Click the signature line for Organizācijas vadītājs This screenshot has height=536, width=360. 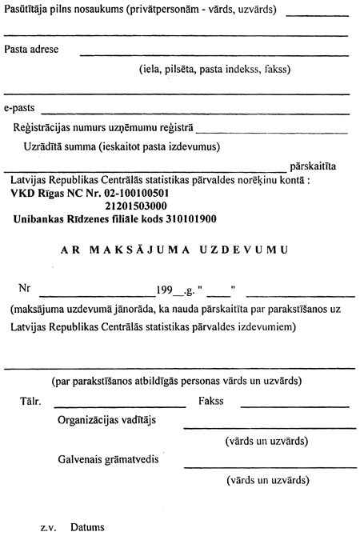click(266, 429)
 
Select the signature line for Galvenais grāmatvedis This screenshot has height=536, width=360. click(266, 466)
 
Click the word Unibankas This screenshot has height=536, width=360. click(42, 218)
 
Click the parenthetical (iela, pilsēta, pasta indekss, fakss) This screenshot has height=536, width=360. click(214, 69)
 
